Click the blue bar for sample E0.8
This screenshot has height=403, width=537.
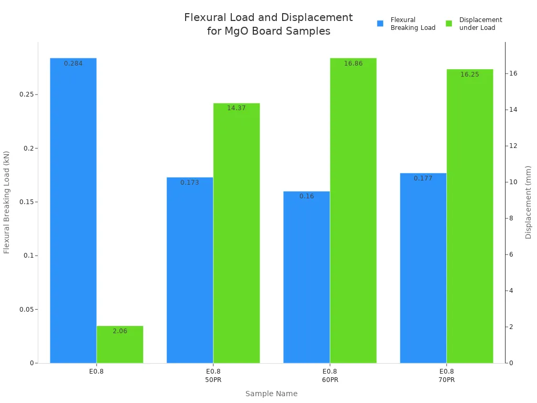point(73,210)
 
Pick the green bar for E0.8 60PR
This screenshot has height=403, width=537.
point(353,210)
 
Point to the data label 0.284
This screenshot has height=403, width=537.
point(73,63)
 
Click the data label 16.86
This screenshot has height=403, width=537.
point(353,63)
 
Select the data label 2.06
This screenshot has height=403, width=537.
point(120,331)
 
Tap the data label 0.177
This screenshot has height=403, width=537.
point(423,178)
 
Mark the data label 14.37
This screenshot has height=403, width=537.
point(237,108)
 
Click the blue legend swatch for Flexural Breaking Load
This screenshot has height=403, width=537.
point(380,24)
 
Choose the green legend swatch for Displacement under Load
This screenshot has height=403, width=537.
point(449,24)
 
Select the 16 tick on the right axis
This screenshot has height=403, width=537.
point(513,73)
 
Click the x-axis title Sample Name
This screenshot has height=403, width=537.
point(271,394)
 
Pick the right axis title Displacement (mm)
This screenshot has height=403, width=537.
point(529,202)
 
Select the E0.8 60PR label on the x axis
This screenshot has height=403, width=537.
point(330,375)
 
